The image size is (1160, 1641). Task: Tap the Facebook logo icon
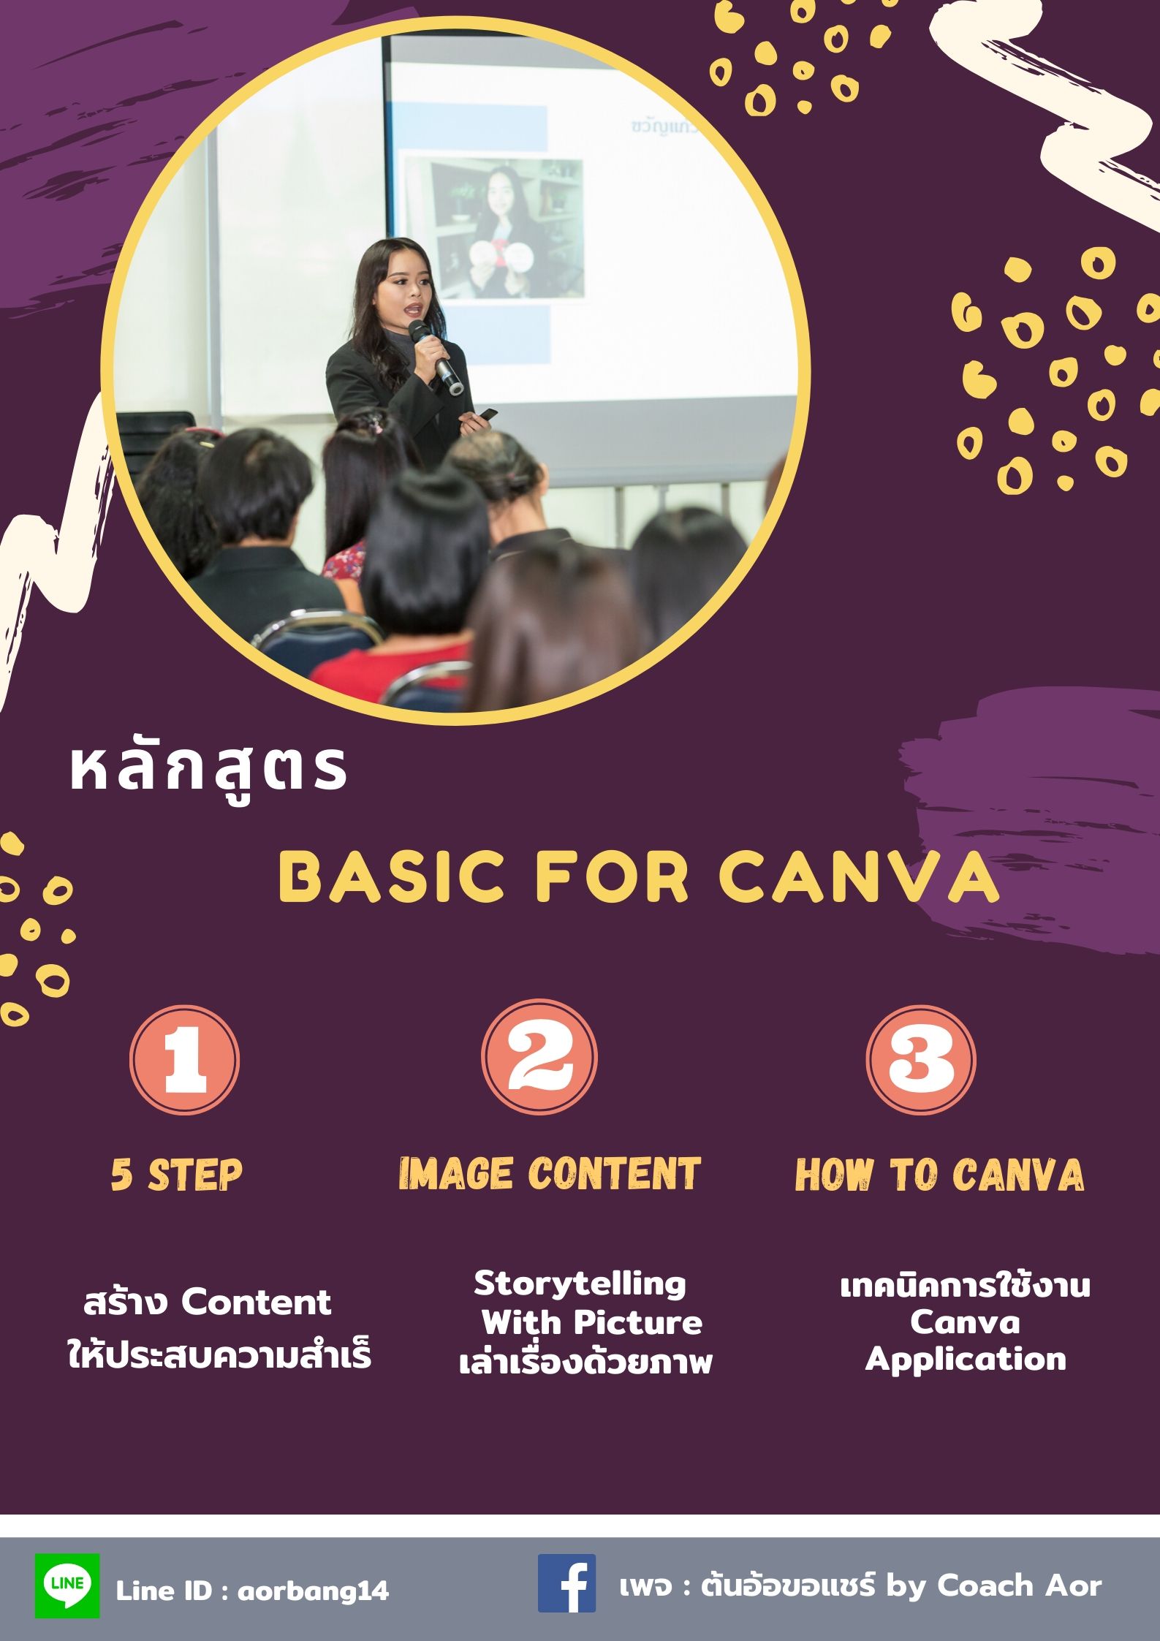566,1583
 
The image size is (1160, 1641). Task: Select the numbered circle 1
184,1059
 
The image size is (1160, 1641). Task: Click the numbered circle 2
539,1057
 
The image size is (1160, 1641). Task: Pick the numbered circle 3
921,1059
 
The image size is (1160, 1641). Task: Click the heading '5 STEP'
176,1175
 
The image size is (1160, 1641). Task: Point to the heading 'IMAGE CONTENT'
550,1174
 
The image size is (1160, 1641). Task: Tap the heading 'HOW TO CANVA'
939,1175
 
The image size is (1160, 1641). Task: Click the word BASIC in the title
392,876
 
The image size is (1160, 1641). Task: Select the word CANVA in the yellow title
860,876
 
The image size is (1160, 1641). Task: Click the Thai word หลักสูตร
208,771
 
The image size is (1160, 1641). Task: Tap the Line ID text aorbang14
314,1591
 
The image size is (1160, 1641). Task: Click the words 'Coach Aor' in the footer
1019,1585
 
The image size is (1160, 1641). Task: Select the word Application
966,1359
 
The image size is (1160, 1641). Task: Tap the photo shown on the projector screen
495,227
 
